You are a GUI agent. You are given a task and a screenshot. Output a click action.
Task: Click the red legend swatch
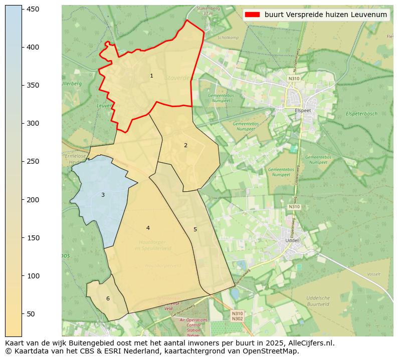tap(253, 15)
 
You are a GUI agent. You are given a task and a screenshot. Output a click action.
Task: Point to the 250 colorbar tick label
tap(33, 161)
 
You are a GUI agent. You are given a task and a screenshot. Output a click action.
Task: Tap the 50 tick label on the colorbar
tap(31, 314)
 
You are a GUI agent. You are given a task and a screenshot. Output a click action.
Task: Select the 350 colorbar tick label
tap(33, 85)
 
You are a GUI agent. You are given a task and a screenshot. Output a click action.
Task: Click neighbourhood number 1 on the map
tap(151, 76)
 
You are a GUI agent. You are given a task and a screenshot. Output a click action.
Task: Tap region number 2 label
tap(185, 145)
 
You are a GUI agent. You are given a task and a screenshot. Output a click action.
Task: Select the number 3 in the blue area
tap(103, 195)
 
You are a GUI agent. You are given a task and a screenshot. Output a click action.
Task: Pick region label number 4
tap(148, 228)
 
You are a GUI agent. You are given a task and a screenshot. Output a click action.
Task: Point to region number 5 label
tap(195, 229)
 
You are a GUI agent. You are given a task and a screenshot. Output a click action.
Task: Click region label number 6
tap(108, 298)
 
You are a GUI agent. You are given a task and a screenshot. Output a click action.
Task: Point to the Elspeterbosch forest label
tap(361, 114)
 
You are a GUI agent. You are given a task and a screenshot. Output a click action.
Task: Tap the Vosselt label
tap(374, 274)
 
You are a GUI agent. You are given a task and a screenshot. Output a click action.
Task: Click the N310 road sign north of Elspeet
tap(294, 79)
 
